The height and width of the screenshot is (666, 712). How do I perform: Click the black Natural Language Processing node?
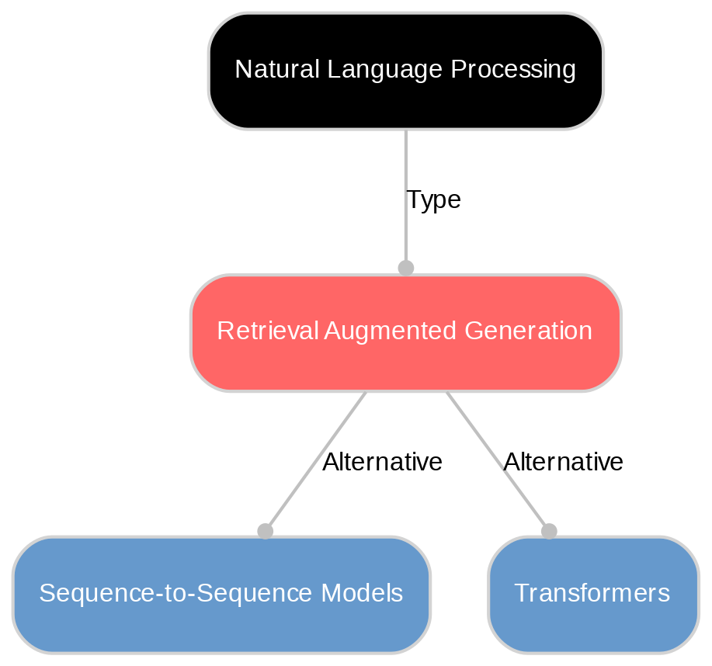(x=405, y=71)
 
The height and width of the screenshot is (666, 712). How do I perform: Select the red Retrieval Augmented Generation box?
(x=405, y=332)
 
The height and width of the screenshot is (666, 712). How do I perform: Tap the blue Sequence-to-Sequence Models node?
(x=221, y=595)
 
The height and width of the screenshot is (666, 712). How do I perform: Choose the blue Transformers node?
(x=592, y=595)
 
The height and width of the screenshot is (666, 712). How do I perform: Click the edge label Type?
(x=433, y=200)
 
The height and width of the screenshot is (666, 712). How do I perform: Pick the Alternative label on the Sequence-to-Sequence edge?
(x=382, y=463)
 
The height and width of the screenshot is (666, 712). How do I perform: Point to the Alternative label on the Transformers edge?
(x=563, y=463)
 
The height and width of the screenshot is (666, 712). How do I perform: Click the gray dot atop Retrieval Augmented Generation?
(x=405, y=268)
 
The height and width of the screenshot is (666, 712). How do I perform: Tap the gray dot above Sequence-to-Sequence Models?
(x=265, y=531)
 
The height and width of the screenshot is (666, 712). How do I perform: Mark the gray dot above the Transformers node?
(x=549, y=531)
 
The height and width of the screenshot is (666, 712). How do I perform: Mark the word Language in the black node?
(x=378, y=70)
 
